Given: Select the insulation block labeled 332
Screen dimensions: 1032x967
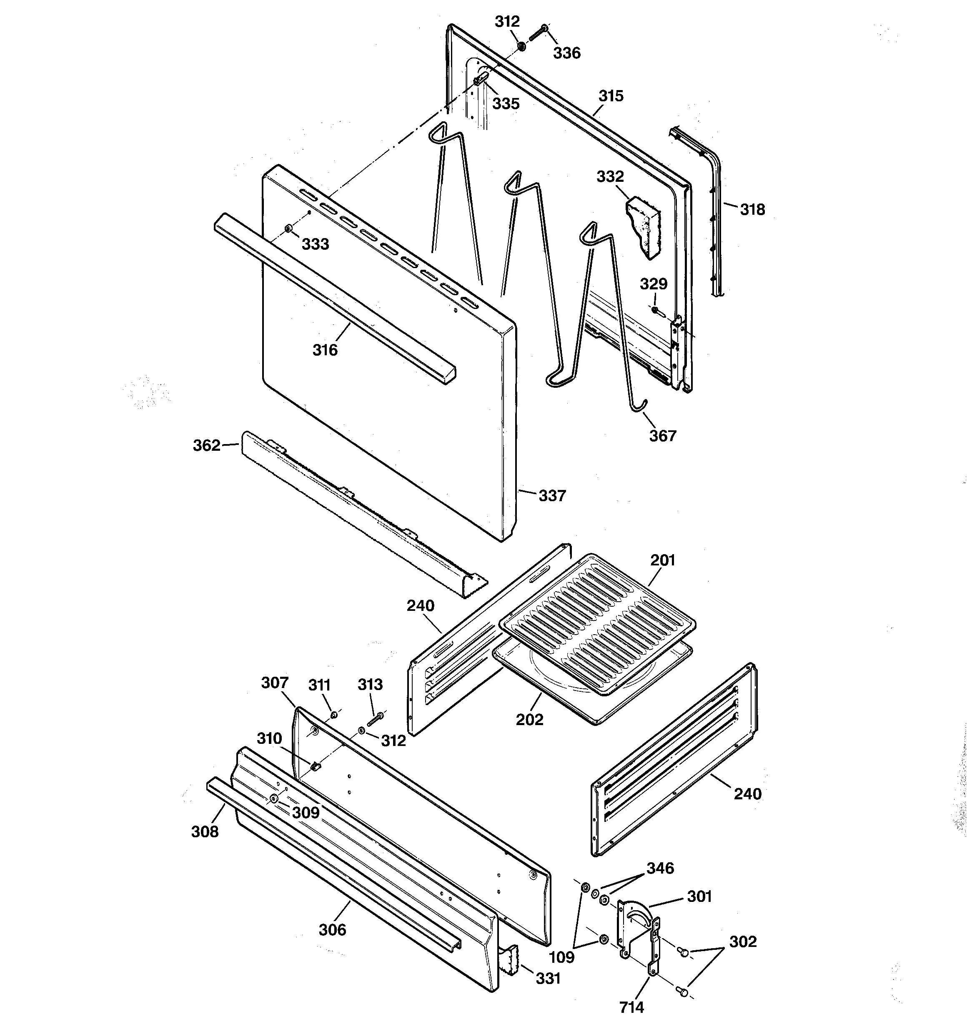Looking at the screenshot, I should pyautogui.click(x=644, y=227).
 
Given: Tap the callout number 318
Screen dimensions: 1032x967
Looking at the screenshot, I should pyautogui.click(x=752, y=210).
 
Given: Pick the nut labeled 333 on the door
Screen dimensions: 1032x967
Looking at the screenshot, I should pyautogui.click(x=288, y=229).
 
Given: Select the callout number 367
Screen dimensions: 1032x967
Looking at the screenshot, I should pyautogui.click(x=662, y=436).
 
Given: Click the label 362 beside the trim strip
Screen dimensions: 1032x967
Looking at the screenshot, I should pyautogui.click(x=207, y=445).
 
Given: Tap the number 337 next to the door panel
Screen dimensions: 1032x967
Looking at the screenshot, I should pyautogui.click(x=551, y=496).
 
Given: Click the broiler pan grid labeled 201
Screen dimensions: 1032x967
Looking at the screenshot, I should pyautogui.click(x=597, y=623).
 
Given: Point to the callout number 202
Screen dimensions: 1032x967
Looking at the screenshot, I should pyautogui.click(x=529, y=720).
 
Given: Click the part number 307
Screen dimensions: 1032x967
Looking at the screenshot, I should pyautogui.click(x=275, y=683).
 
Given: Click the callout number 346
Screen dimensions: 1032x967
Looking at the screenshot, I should pyautogui.click(x=660, y=869).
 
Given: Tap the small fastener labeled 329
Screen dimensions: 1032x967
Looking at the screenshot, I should pyautogui.click(x=655, y=310).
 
